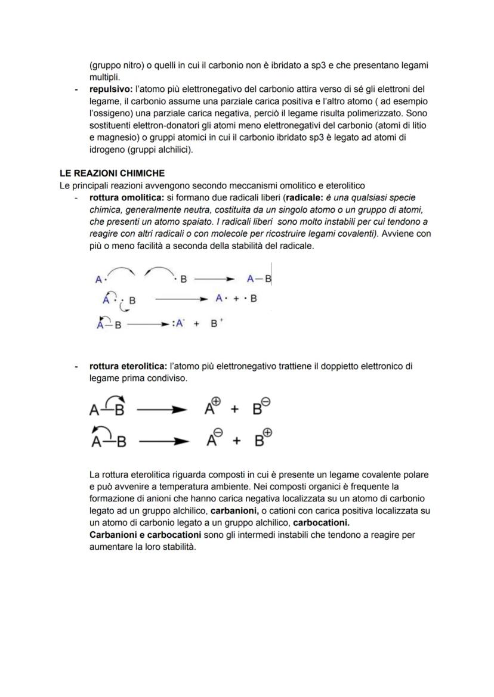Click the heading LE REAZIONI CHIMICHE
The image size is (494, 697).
(112, 174)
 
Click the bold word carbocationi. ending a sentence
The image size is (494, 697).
(321, 523)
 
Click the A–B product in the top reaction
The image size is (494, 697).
(259, 278)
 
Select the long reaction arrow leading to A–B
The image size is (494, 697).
(214, 278)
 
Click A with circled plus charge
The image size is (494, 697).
(212, 408)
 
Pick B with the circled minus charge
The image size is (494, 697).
(261, 408)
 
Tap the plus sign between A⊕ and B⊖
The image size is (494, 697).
(234, 410)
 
